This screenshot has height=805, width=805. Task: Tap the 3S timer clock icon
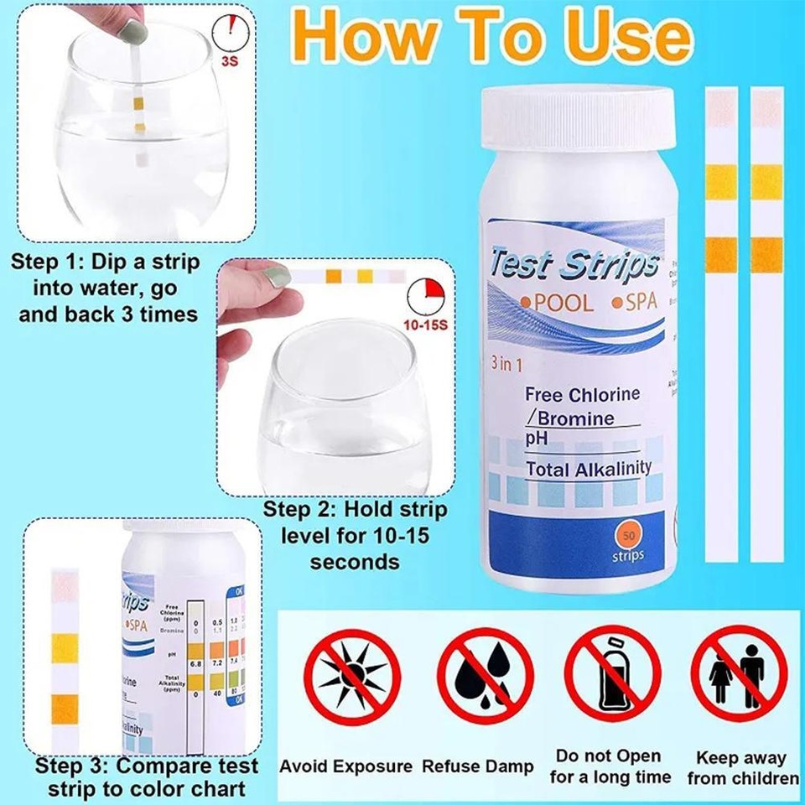(x=231, y=32)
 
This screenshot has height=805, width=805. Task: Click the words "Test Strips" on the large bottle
(x=574, y=262)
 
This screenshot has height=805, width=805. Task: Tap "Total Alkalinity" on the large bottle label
(x=588, y=468)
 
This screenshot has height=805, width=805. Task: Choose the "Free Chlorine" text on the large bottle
(x=582, y=394)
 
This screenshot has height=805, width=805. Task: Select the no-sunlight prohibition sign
(x=352, y=676)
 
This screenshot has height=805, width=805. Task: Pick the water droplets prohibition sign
(x=486, y=676)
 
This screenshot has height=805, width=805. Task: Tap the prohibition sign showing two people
(x=739, y=676)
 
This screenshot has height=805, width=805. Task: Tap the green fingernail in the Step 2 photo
(x=277, y=276)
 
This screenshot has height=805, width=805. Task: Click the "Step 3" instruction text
(x=147, y=777)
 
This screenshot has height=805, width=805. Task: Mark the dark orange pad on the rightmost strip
(x=766, y=255)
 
